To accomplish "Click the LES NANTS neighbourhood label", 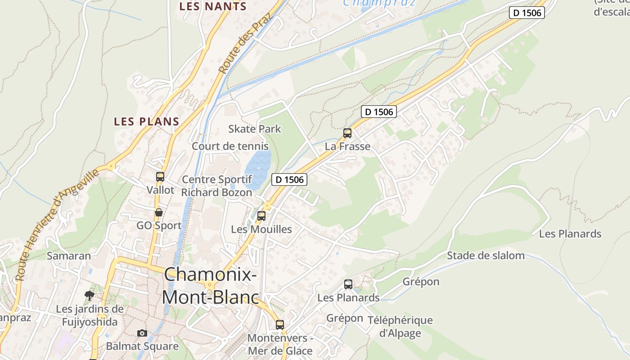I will point(213,6).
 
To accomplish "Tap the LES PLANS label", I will point(147,121).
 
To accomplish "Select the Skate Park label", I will point(254,129).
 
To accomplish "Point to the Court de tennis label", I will point(230,146).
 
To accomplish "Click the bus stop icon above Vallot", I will point(160,177).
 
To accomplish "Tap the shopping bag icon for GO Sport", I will point(159,212).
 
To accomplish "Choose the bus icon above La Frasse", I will point(347,133).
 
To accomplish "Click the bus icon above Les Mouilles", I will point(261,216).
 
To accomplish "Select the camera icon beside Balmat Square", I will point(142,333).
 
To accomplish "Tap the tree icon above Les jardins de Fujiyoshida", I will point(90,296).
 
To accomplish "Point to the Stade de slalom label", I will point(486,256).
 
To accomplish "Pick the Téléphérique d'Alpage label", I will point(400,327).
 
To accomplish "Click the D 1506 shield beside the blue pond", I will point(289,180).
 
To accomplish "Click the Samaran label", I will point(69,256).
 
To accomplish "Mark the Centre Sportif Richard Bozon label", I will point(216,186).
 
